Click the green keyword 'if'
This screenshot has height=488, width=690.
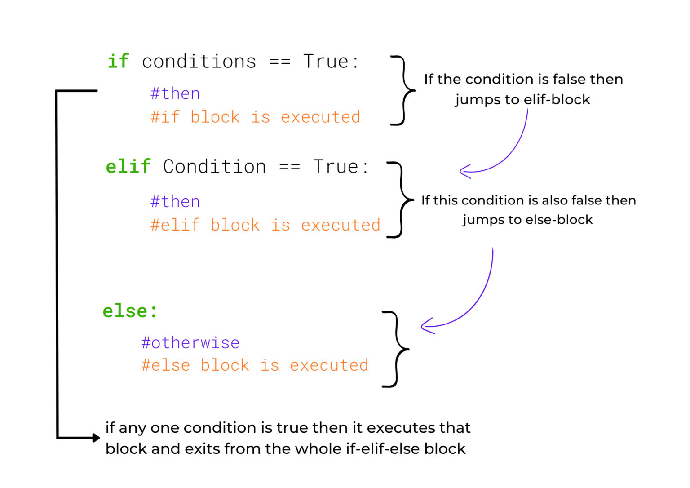click(119, 61)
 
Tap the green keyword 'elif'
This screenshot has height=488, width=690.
click(128, 166)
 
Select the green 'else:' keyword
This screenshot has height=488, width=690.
click(130, 311)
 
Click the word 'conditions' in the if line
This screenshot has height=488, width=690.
click(199, 62)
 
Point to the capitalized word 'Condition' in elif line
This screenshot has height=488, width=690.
click(214, 167)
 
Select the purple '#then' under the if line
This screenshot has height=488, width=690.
click(175, 93)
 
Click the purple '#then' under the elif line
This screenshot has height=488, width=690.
click(175, 201)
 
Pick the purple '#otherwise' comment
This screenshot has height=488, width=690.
click(190, 343)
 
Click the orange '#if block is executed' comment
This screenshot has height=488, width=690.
click(255, 117)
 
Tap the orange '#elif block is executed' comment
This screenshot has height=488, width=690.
click(265, 225)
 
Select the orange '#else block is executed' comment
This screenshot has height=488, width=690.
click(255, 365)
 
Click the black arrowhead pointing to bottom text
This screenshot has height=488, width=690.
click(96, 437)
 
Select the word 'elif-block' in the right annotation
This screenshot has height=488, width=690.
click(557, 99)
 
